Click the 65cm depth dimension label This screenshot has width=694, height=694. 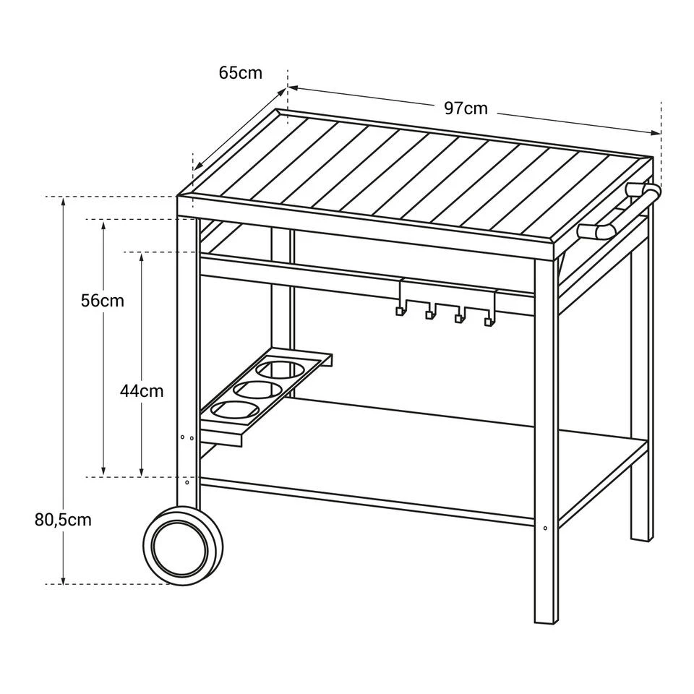[x=240, y=73]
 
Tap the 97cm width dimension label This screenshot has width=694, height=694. [x=466, y=108]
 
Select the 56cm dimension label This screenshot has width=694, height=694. [x=103, y=301]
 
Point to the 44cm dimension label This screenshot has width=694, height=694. [x=142, y=391]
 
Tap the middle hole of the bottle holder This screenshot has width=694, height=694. [x=257, y=391]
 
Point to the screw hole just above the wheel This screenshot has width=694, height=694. [x=187, y=481]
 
